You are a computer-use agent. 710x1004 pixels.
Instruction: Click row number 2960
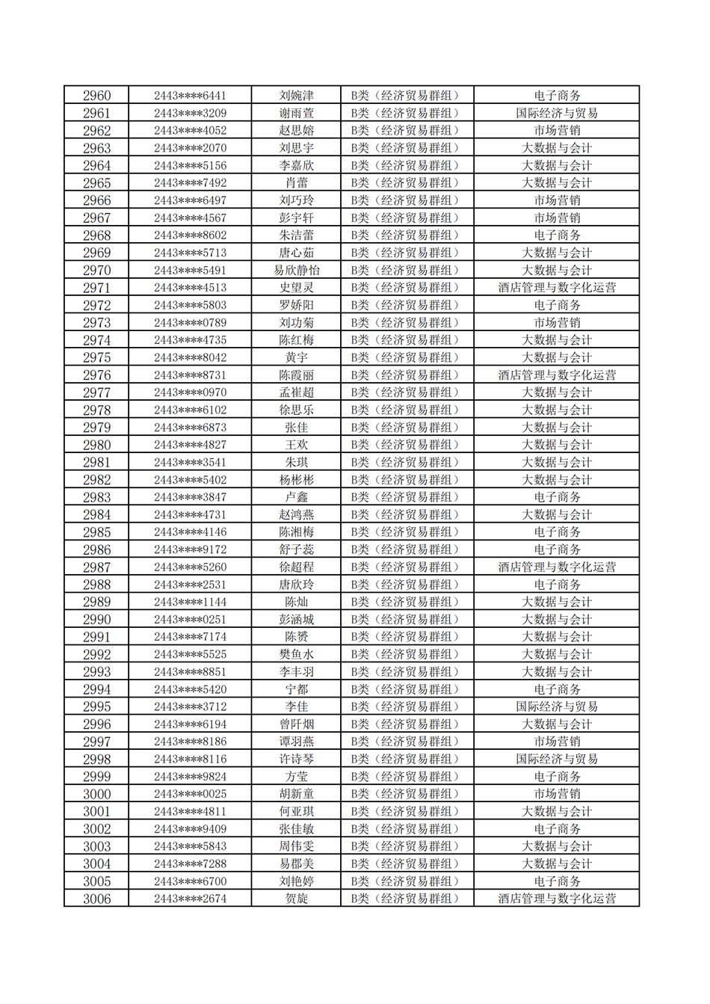96,96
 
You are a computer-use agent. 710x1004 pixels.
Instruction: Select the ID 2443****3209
190,114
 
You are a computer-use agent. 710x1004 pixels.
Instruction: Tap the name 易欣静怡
296,271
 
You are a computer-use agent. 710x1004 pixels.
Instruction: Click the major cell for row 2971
557,288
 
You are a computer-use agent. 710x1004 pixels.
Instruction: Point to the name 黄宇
296,358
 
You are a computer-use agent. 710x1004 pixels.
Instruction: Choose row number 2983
96,498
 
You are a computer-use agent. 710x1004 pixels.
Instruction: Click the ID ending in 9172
190,550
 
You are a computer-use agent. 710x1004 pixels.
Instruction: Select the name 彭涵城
296,620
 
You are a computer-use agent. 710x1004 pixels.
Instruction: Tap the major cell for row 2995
557,707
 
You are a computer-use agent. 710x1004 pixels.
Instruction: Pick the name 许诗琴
296,760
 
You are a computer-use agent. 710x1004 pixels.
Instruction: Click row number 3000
96,795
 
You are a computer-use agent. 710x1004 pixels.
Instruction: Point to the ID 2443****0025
190,795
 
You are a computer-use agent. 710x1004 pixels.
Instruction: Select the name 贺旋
296,899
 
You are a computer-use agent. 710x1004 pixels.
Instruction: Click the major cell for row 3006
557,899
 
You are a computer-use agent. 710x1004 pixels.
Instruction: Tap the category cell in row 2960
407,96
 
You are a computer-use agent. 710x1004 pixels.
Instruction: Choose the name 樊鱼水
296,655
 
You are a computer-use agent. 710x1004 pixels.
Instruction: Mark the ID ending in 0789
190,323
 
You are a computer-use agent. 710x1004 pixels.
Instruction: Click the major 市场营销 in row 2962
557,131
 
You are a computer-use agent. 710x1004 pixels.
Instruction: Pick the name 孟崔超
296,392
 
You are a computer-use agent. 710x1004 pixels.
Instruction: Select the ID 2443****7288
190,864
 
